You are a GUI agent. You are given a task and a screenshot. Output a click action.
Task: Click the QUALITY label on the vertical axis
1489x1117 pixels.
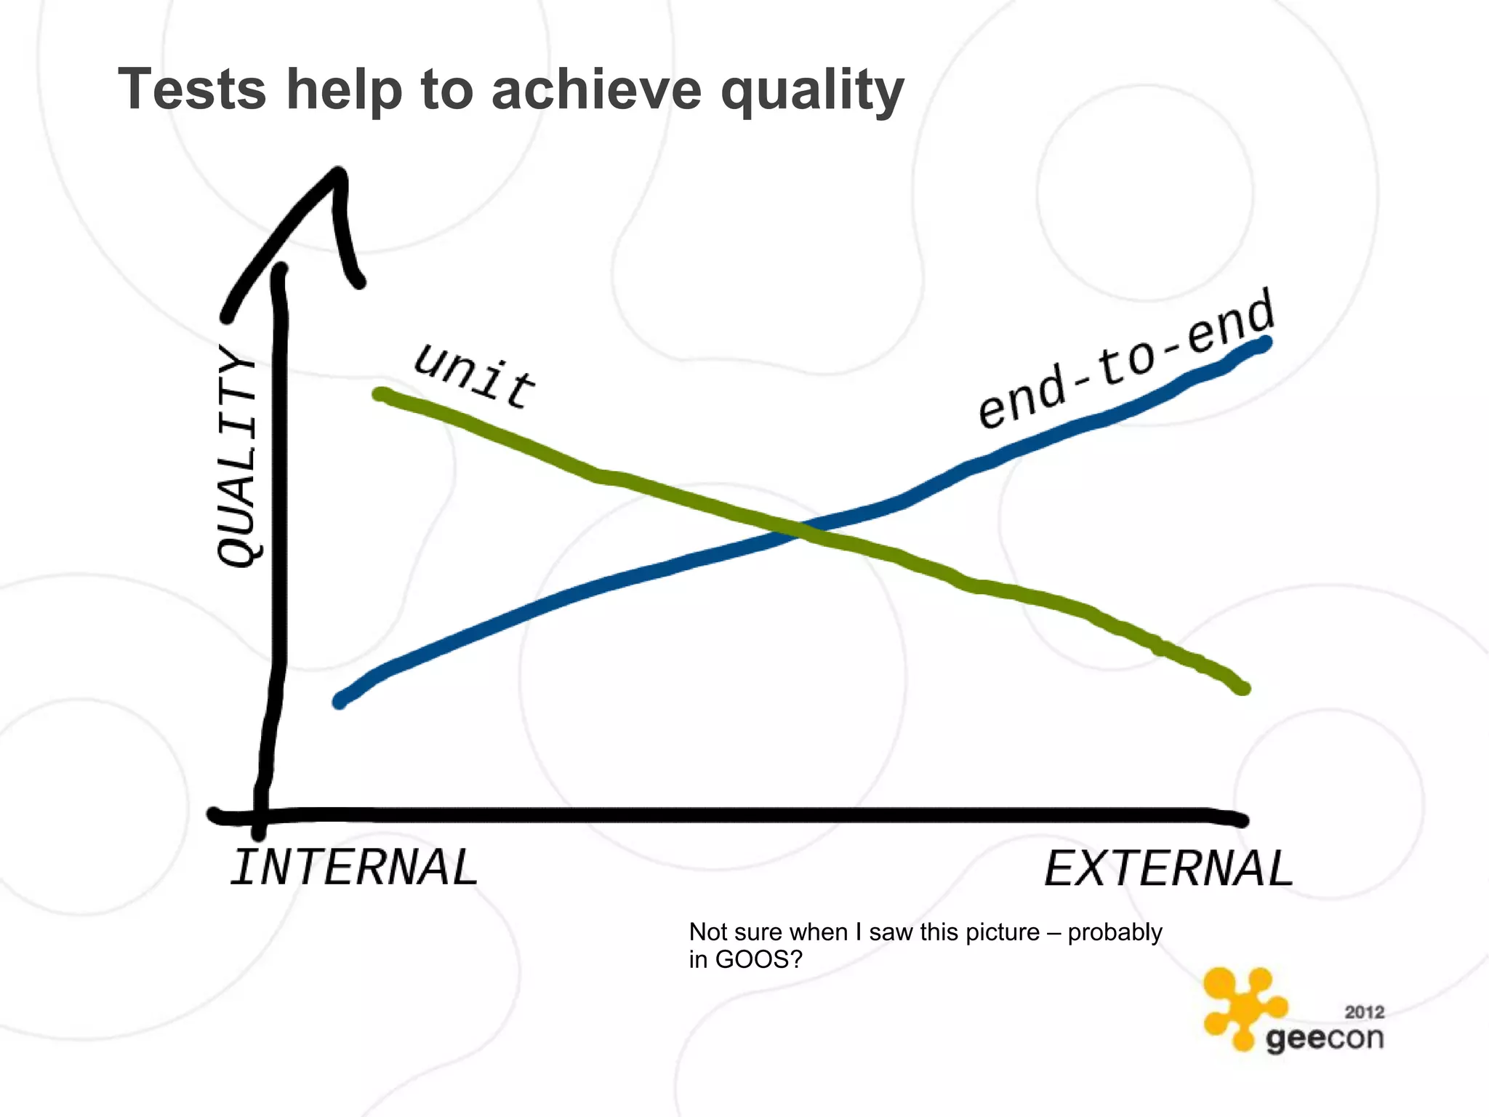(x=238, y=457)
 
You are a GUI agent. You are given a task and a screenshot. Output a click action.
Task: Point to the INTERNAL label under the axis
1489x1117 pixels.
(x=354, y=868)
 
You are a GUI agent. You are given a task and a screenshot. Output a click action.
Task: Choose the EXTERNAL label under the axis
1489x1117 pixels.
(x=1168, y=868)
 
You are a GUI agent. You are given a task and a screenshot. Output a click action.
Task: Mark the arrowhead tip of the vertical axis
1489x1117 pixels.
(x=339, y=173)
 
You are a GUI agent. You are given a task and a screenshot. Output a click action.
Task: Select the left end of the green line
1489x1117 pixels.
(x=380, y=395)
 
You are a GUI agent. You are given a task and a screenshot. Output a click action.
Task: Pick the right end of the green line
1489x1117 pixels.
(x=1243, y=688)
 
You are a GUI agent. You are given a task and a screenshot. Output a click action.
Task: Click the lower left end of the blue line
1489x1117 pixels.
(x=340, y=702)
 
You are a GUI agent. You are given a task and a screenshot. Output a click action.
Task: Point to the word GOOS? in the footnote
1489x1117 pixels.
(x=759, y=960)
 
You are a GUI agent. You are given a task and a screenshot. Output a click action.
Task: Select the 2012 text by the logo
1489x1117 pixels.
(x=1364, y=1012)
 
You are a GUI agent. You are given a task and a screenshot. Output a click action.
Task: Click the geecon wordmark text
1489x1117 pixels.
(x=1324, y=1038)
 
